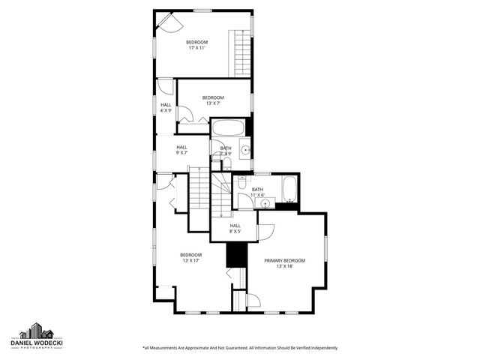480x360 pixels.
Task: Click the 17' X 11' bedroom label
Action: click(196, 44)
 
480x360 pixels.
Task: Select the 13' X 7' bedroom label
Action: click(213, 100)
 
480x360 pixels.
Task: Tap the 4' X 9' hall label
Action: click(166, 107)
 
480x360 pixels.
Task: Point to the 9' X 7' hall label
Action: click(181, 149)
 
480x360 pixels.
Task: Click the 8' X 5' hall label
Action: click(235, 228)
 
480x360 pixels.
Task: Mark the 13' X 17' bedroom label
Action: click(190, 257)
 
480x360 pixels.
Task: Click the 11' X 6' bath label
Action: click(257, 192)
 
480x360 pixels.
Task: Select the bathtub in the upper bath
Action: click(228, 127)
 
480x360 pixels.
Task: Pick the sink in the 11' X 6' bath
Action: click(264, 202)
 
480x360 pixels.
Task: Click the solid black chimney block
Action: click(236, 255)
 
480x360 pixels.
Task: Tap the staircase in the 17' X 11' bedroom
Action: click(241, 50)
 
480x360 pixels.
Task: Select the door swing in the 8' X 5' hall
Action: click(266, 232)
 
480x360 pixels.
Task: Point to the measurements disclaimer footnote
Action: click(240, 348)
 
